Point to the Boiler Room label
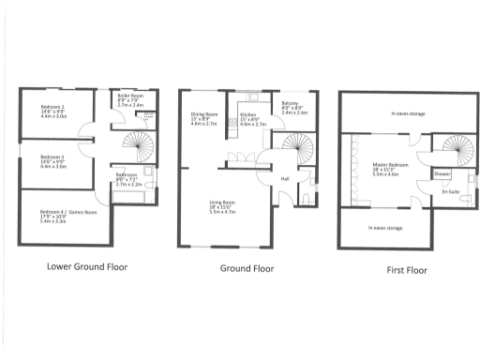[x=129, y=97]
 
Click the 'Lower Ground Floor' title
[x=86, y=265]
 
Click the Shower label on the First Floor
[x=441, y=173]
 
